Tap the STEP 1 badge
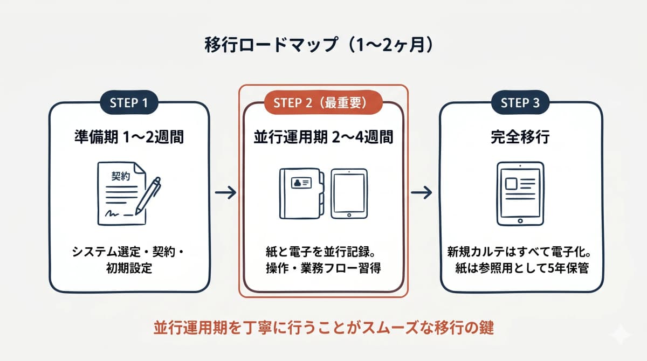click(129, 102)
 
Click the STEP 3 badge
click(520, 102)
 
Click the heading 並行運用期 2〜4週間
click(323, 137)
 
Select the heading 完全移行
click(520, 137)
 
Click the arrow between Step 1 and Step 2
click(225, 193)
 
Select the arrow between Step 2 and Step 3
click(421, 193)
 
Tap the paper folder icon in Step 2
click(301, 194)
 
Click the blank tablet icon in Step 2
click(349, 194)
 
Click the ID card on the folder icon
click(300, 183)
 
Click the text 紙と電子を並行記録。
click(323, 252)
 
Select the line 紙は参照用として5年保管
click(520, 268)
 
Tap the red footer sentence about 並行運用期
click(323, 328)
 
